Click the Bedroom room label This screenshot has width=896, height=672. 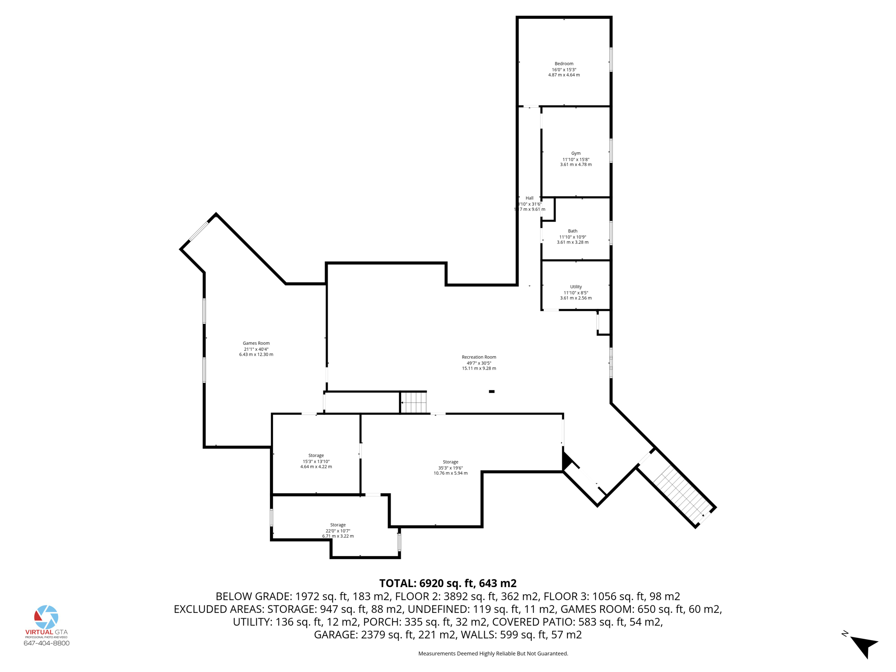click(x=564, y=64)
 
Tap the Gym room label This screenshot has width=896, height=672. click(x=576, y=154)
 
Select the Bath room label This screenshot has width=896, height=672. click(x=572, y=231)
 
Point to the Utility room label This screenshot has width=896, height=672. click(x=576, y=287)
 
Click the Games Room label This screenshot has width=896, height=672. click(x=256, y=343)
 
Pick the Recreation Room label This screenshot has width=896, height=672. click(x=479, y=357)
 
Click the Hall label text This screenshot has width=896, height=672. click(x=529, y=198)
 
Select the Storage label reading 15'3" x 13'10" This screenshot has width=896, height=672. click(x=316, y=461)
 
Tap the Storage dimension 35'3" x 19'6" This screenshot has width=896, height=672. click(x=450, y=468)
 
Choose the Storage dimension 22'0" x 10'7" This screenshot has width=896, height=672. click(x=338, y=531)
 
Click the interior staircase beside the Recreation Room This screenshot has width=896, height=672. click(x=413, y=402)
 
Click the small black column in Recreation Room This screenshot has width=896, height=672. click(x=491, y=392)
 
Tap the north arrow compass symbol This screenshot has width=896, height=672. click(x=863, y=646)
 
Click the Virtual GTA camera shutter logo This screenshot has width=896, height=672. click(x=46, y=617)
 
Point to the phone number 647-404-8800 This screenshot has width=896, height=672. click(x=46, y=643)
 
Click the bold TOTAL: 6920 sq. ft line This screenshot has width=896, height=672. click(x=448, y=583)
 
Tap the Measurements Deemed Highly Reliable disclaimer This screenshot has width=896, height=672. click(x=493, y=654)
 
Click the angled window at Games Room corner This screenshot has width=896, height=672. click(x=198, y=231)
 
